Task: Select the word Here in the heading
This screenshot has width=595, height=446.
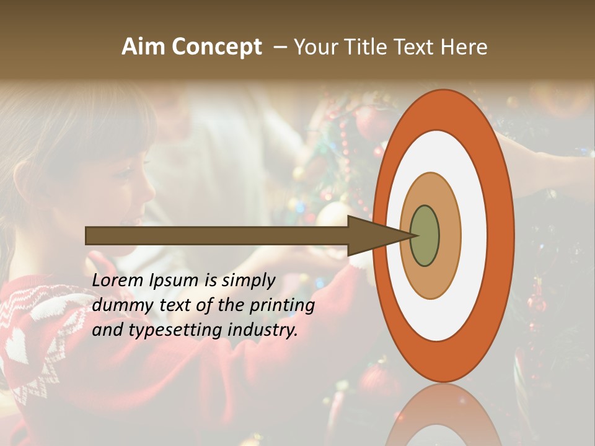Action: pos(464,47)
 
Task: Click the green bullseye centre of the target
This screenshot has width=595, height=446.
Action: pos(425,236)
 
